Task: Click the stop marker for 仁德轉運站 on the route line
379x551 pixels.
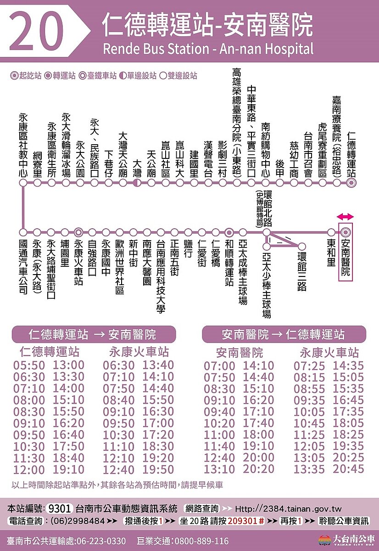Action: (351, 183)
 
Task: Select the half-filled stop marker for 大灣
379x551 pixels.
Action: (137, 183)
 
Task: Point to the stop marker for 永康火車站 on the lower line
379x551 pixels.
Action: (78, 232)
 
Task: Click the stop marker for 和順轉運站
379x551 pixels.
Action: (229, 232)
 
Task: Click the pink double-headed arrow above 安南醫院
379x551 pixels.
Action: (345, 217)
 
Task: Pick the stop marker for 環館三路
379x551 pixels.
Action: (302, 247)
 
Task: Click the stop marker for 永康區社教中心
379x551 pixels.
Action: (22, 183)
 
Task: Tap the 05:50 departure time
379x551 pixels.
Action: (29, 366)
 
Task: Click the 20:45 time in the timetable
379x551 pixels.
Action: (348, 469)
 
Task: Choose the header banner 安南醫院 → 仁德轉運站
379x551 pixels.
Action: (284, 334)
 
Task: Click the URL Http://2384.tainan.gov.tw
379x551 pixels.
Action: (289, 509)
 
